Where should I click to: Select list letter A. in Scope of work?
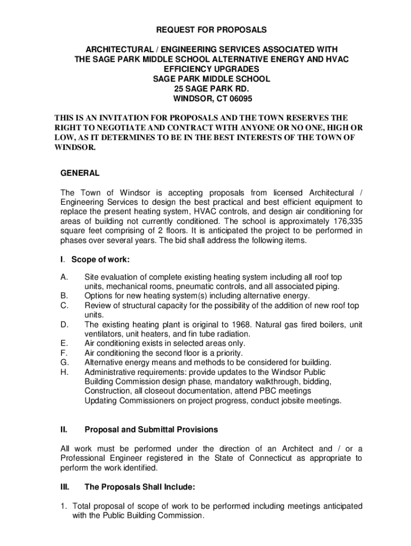point(64,277)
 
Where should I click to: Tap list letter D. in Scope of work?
point(64,324)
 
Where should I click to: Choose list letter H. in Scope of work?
point(64,372)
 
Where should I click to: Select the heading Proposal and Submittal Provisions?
point(151,429)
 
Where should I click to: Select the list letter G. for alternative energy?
point(64,363)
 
